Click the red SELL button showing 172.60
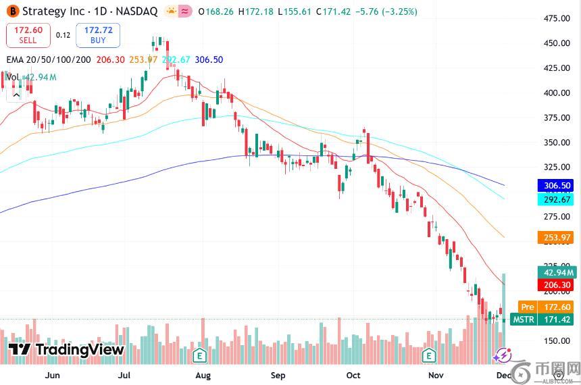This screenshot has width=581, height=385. click(x=28, y=35)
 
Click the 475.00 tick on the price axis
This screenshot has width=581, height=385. click(x=557, y=18)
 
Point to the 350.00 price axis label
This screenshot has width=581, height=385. click(x=557, y=143)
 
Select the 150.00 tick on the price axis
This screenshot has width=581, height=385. click(x=557, y=341)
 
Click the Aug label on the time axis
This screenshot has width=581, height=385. click(x=203, y=375)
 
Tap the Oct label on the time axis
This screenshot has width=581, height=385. click(x=353, y=375)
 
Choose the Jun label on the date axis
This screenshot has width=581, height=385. click(x=52, y=375)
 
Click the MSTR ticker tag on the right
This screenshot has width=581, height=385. click(x=524, y=319)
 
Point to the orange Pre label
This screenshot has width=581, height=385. click(x=527, y=307)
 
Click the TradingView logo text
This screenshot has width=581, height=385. click(x=67, y=349)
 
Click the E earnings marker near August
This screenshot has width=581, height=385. click(x=199, y=355)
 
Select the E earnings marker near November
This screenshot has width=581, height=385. click(x=428, y=355)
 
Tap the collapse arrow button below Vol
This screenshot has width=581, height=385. click(x=15, y=95)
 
